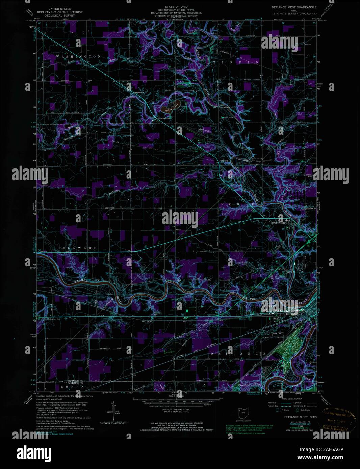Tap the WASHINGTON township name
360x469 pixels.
click(x=78, y=57)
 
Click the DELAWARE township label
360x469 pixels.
click(x=77, y=248)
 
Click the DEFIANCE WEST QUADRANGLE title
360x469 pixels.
click(x=294, y=7)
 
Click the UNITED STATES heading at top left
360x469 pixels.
click(x=60, y=8)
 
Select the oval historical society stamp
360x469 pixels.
click(x=338, y=413)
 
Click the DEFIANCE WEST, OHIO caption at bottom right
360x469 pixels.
click(x=300, y=417)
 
